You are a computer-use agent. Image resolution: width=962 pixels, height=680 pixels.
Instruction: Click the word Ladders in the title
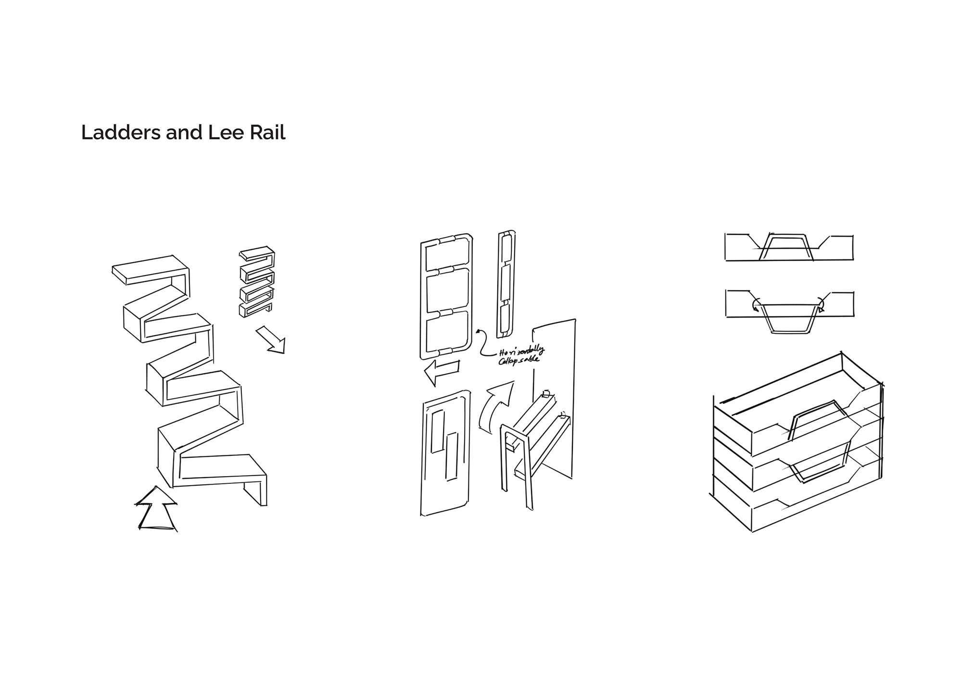click(x=121, y=132)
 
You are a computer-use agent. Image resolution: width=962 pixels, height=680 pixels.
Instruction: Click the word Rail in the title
click(x=267, y=132)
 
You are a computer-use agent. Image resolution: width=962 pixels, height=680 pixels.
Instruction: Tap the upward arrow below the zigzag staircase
click(x=156, y=509)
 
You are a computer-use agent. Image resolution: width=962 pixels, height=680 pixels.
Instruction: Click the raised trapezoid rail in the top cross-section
click(x=786, y=247)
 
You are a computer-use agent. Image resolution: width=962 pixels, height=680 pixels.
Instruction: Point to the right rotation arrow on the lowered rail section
click(x=821, y=304)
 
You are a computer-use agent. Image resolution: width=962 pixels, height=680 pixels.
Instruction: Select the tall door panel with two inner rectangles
click(x=445, y=453)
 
